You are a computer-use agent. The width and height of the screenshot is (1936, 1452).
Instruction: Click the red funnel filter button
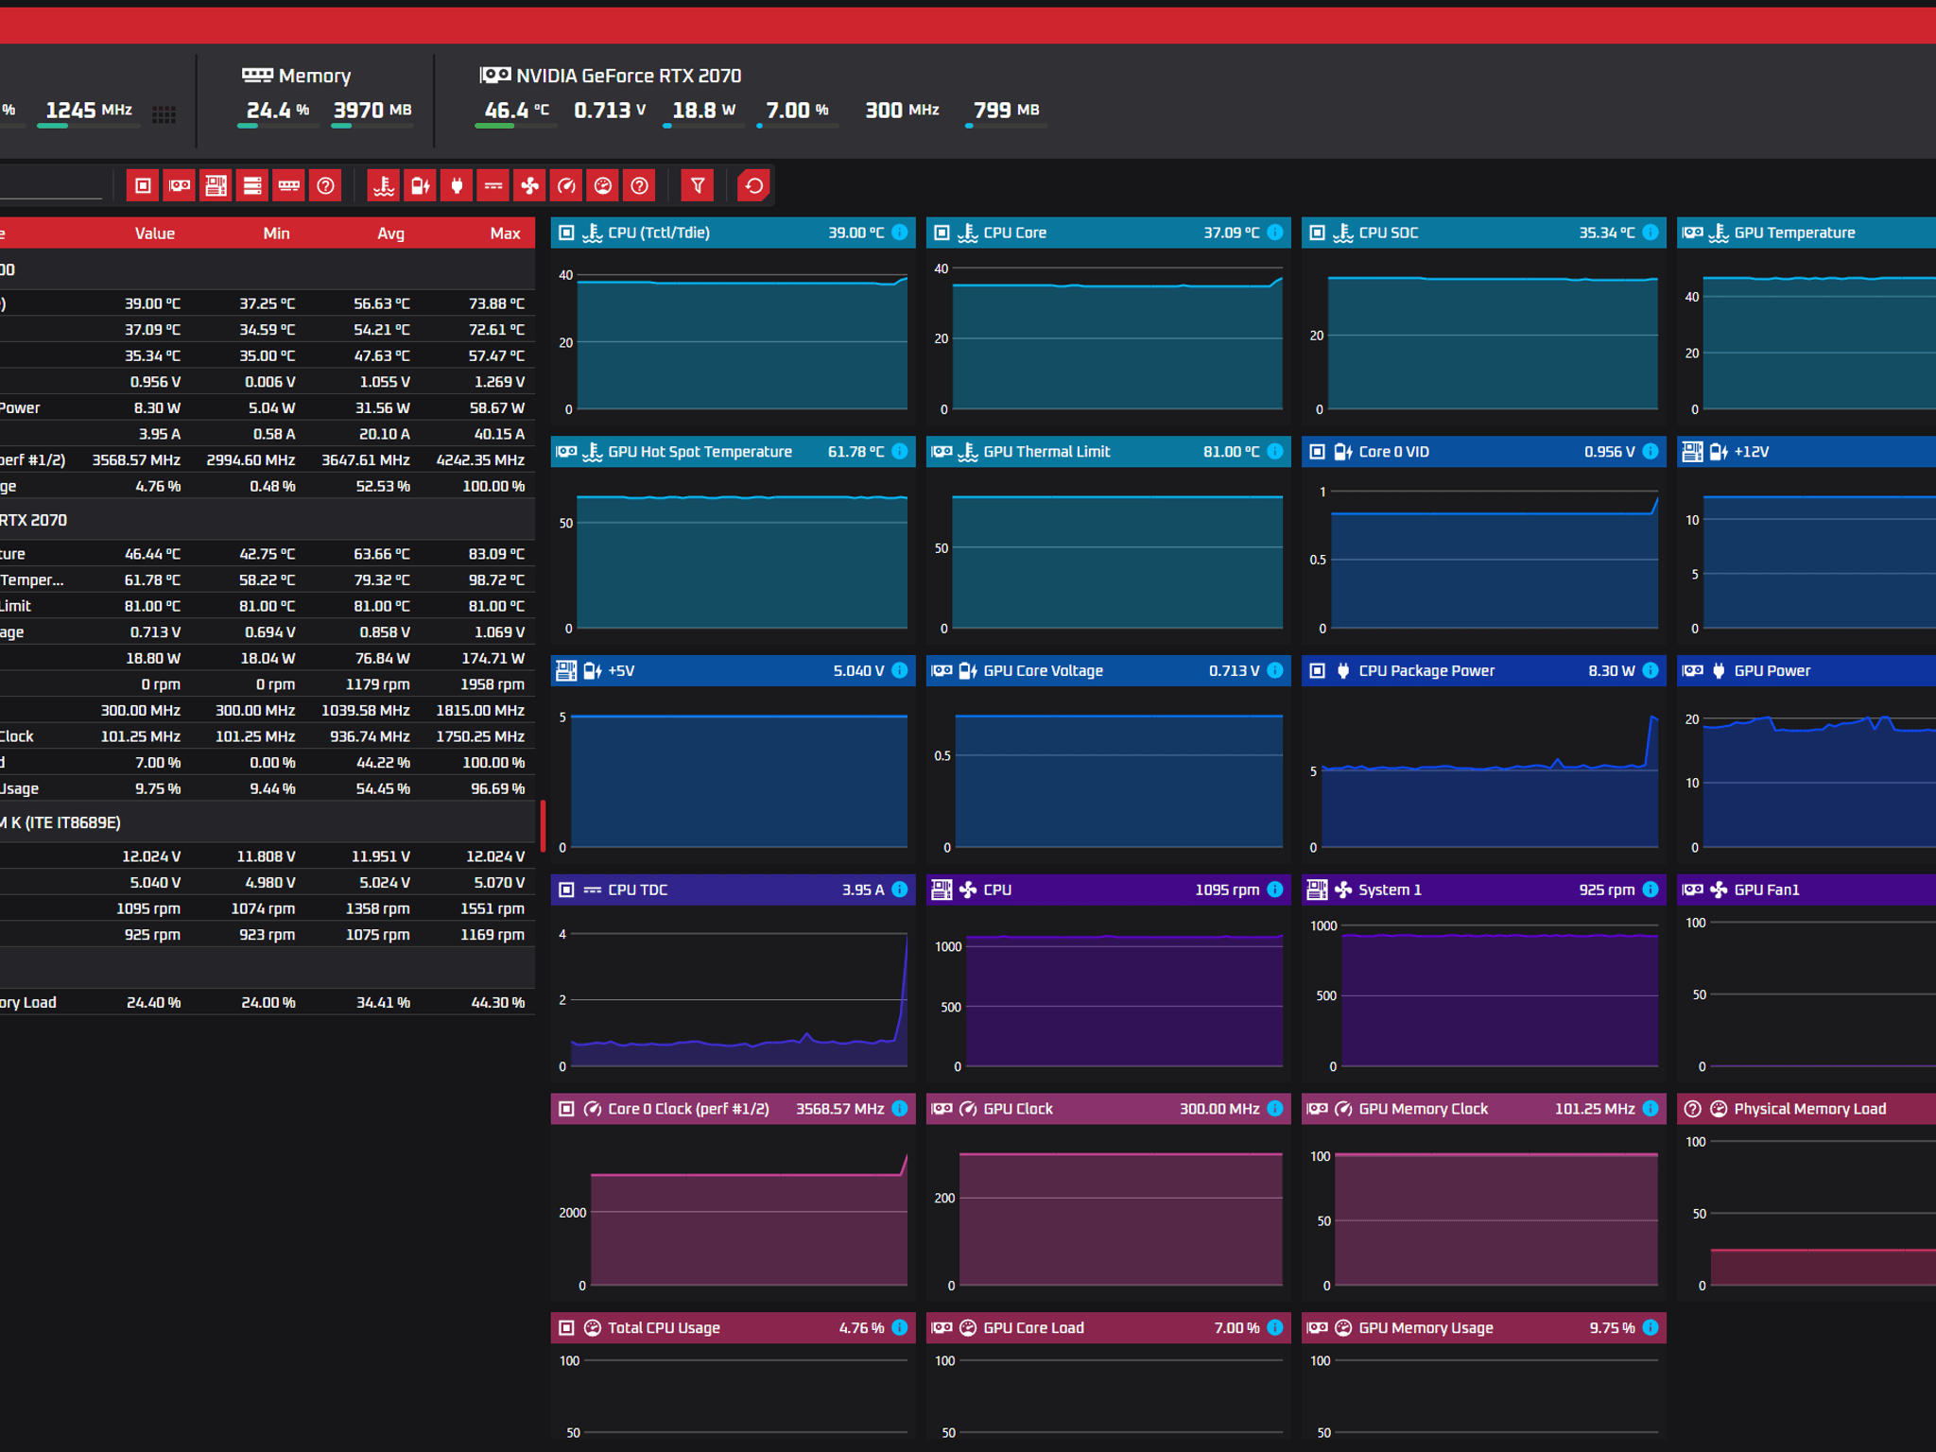[698, 185]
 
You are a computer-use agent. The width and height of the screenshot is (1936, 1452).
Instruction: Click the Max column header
[505, 233]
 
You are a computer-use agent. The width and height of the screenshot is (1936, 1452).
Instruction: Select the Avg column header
[390, 233]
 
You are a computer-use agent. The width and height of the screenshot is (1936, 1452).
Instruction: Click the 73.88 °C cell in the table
[496, 303]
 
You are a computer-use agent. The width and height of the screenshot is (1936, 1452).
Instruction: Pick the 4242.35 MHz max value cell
[480, 460]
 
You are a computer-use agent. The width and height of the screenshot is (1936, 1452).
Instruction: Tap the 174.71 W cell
[493, 658]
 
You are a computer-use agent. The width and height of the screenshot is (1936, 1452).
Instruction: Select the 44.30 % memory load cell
[498, 1002]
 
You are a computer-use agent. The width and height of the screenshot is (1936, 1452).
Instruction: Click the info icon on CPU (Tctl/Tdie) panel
[900, 233]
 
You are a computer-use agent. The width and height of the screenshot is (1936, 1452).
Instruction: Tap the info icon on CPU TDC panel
[900, 890]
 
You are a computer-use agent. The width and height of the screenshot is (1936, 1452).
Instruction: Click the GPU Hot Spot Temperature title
[700, 452]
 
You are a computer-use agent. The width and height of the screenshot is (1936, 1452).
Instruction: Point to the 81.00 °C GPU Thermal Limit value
[1231, 452]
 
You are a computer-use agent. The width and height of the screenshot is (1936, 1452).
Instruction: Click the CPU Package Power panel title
[1426, 671]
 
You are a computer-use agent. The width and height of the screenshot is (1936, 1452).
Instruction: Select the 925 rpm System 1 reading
[1606, 890]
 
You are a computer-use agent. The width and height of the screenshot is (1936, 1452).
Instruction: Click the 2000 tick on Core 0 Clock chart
[573, 1213]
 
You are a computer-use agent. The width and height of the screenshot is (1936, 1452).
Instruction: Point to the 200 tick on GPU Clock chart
[944, 1199]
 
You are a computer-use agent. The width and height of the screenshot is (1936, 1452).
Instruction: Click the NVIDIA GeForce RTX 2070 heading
[629, 76]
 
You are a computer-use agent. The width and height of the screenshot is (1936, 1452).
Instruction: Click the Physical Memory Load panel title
[1809, 1109]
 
